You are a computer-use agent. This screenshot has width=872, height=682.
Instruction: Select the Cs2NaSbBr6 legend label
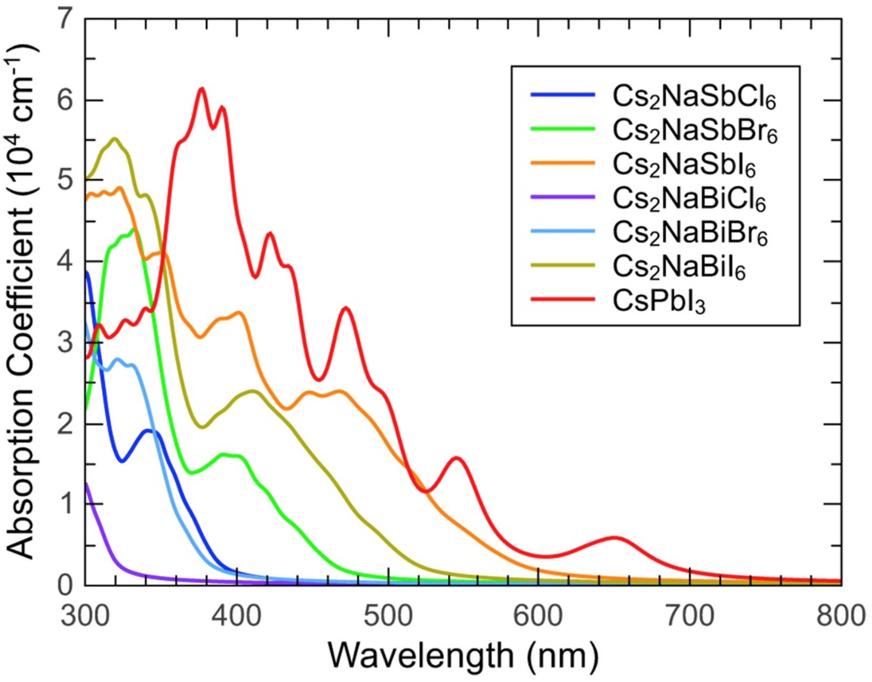point(695,131)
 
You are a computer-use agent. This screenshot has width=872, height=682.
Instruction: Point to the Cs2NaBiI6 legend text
point(679,267)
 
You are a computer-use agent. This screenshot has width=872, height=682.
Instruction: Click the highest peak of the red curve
point(202,89)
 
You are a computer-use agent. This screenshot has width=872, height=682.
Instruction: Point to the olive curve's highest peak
point(115,139)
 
